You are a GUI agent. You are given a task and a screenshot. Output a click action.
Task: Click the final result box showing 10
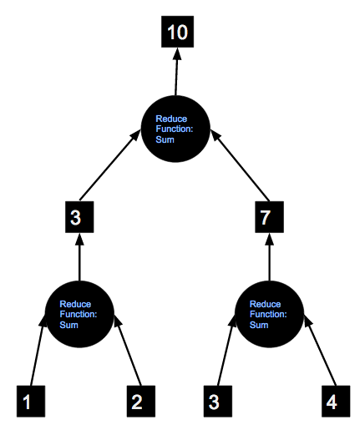click(x=177, y=32)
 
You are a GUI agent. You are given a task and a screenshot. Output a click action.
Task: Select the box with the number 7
click(x=269, y=217)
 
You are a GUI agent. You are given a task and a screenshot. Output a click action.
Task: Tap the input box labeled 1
click(x=31, y=401)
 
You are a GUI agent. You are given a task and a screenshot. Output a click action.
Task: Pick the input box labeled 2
click(x=141, y=401)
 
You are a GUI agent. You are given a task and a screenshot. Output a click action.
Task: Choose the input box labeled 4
click(x=336, y=401)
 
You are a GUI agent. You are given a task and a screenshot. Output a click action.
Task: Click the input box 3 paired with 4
click(x=218, y=401)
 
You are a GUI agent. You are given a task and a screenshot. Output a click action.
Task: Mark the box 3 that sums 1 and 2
click(x=79, y=217)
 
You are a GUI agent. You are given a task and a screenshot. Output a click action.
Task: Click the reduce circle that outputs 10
click(x=175, y=129)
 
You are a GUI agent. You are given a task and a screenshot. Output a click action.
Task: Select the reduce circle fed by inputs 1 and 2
click(x=79, y=314)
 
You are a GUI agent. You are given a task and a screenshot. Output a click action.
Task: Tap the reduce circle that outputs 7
click(x=269, y=314)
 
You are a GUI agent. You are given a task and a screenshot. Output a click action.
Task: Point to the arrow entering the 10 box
click(x=176, y=72)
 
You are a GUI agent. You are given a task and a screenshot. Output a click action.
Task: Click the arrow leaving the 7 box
click(x=240, y=165)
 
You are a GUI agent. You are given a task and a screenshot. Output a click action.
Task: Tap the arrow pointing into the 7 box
click(x=269, y=256)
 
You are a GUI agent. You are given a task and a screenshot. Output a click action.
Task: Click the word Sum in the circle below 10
click(x=165, y=139)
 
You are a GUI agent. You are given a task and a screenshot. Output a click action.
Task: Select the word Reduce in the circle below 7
click(x=265, y=304)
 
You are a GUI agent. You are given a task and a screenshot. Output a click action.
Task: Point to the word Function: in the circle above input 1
click(x=79, y=314)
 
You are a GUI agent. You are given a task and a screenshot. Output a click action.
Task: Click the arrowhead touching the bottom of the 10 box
click(x=177, y=53)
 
